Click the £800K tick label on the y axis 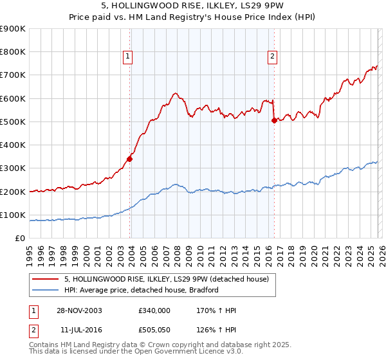(x=13, y=52)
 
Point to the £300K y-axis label (x=13, y=168)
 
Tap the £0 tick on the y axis (x=19, y=239)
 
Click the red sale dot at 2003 (x=130, y=159)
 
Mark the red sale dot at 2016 (x=274, y=120)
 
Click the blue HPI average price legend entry (x=142, y=290)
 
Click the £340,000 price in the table (x=154, y=310)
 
